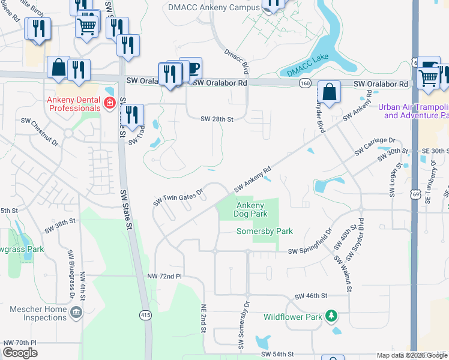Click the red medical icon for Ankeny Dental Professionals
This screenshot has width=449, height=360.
coord(110,103)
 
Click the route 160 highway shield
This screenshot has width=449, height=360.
coord(305,84)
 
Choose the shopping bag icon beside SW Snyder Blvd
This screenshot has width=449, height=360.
coord(329,92)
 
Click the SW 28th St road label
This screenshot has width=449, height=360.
coord(216,119)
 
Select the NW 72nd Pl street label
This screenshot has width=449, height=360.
coord(164,276)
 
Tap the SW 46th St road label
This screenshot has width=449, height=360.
coord(311,296)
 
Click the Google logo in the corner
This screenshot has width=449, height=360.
coord(20,353)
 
